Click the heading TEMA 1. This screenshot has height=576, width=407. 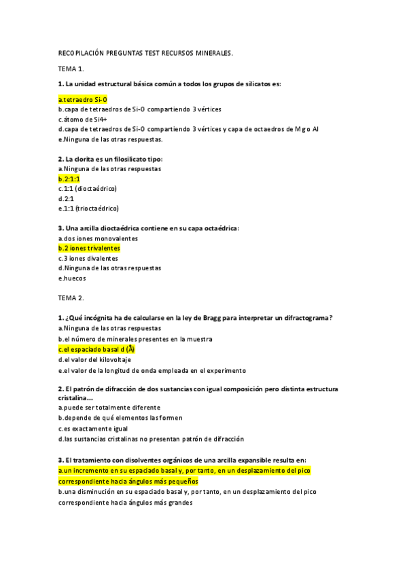tap(71, 69)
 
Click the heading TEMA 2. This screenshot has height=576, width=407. tap(71, 298)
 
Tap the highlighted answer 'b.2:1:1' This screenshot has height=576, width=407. tap(69, 179)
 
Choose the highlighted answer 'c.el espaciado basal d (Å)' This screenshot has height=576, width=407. tap(96, 349)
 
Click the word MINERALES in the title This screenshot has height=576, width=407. tap(208, 52)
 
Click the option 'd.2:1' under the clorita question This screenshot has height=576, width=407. tap(66, 198)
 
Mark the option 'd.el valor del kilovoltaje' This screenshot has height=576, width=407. tap(94, 360)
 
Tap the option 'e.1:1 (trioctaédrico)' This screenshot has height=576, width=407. tap(88, 209)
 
